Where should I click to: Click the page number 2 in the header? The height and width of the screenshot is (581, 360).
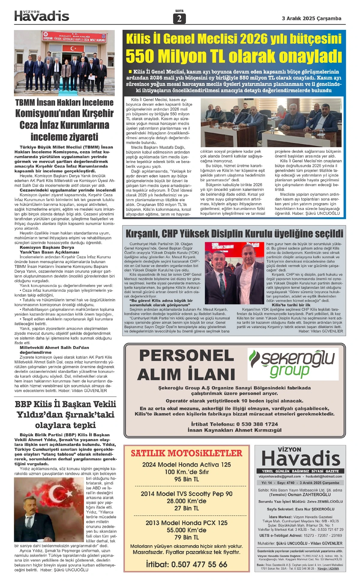[179, 19]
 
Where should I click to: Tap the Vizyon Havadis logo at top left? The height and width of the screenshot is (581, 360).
[42, 16]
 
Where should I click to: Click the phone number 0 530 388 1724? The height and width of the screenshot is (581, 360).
[257, 424]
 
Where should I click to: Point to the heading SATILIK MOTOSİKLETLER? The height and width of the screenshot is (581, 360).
[186, 453]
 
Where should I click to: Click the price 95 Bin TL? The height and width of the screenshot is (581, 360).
[187, 479]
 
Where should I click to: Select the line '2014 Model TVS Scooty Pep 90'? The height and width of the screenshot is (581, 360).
[187, 493]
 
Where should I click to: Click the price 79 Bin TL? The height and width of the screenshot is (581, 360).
[187, 537]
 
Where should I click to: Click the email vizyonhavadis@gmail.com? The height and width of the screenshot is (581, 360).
[280, 476]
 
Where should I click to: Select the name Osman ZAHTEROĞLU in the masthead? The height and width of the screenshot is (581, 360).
[309, 495]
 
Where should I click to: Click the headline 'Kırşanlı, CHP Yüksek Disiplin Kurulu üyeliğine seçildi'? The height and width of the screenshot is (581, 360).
[234, 233]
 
